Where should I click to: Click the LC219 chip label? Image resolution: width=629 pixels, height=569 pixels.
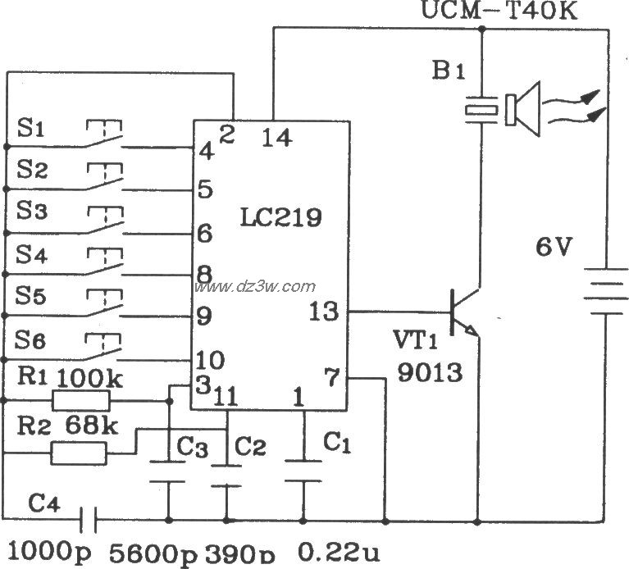280,218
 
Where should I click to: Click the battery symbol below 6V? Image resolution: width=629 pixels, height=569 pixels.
605,293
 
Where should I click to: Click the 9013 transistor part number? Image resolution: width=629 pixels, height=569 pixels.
429,374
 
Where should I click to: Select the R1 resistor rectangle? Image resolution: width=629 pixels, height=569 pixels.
80,401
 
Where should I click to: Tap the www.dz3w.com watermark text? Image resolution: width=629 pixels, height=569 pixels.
254,287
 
